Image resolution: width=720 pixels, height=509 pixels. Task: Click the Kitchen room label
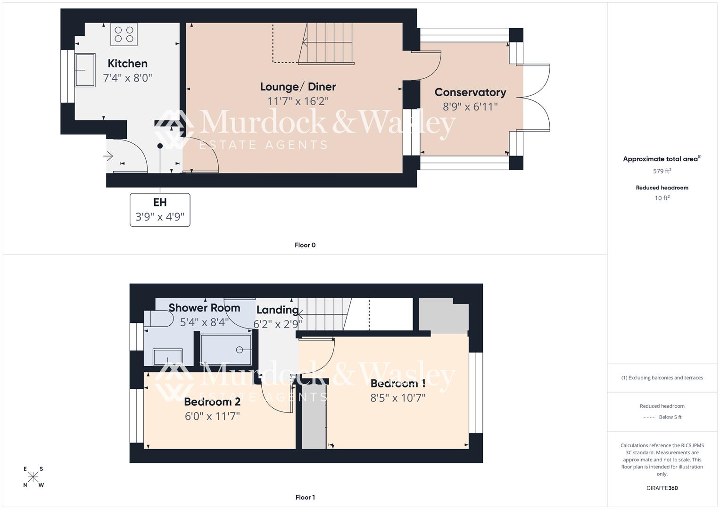pos(127,64)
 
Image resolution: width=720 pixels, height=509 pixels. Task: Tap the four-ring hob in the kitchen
pos(124,34)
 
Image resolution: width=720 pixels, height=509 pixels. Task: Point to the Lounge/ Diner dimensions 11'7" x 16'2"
pos(298,101)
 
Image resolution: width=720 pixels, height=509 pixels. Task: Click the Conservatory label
pos(470,92)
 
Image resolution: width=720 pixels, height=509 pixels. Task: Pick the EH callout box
pos(160,210)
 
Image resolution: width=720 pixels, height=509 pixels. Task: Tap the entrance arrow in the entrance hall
pos(109,156)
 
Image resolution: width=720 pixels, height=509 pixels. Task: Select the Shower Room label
pos(204,308)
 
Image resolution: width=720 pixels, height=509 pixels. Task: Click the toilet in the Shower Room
pos(158,319)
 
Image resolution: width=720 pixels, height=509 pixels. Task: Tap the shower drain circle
pos(240,350)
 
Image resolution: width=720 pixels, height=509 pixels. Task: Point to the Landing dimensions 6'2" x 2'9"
pos(277,324)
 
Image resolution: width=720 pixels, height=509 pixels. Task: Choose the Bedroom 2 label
pos(212,402)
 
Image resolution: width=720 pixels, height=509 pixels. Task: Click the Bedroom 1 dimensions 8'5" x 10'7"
pos(398,398)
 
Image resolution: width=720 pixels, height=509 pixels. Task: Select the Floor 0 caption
pos(305,245)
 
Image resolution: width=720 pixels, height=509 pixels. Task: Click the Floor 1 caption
pos(305,497)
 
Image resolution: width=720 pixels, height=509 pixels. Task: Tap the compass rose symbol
pos(33,477)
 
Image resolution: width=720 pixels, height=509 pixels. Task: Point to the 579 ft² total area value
pos(662,171)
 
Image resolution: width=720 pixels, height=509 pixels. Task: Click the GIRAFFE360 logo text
pos(662,488)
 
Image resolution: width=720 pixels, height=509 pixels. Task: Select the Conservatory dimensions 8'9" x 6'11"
pos(470,107)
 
